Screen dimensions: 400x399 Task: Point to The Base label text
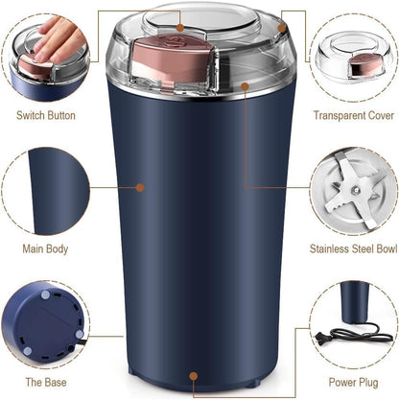(x=45, y=381)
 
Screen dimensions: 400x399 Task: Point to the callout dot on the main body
(x=140, y=187)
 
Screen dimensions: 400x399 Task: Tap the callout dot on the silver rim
(x=245, y=87)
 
